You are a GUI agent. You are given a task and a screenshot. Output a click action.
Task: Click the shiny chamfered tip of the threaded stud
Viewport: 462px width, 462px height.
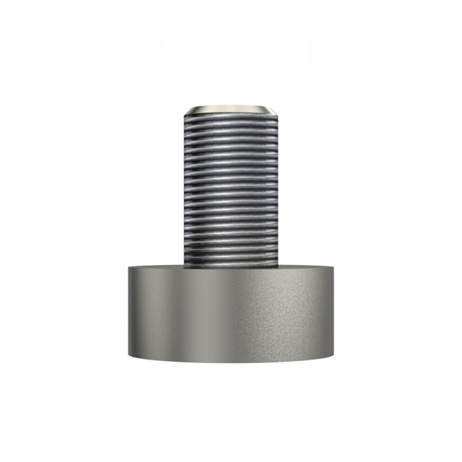tap(231, 109)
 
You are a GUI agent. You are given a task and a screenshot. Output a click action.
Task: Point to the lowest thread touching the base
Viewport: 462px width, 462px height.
tap(231, 261)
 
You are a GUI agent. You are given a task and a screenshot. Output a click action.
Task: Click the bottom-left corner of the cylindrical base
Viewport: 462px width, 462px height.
tap(129, 355)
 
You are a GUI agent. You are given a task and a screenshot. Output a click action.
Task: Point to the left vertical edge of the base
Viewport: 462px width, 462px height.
tap(129, 310)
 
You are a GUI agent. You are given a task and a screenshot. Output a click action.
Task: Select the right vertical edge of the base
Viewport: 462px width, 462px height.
tap(334, 310)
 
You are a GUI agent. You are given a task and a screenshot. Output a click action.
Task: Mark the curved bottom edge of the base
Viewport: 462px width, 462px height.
tap(231, 360)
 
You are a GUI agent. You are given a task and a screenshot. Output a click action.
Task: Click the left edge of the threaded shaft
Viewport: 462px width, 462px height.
tap(184, 188)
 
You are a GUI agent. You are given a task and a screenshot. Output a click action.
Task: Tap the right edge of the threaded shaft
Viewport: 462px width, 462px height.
tap(279, 188)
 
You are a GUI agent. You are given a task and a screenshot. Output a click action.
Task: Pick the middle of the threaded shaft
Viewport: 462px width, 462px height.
tap(231, 188)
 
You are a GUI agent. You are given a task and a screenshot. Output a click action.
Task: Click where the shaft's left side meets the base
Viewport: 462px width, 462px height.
tap(184, 266)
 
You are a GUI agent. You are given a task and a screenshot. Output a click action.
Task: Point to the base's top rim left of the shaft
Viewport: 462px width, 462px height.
tap(156, 266)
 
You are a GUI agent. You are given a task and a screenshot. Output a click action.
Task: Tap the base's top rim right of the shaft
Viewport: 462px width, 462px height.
tap(307, 266)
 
